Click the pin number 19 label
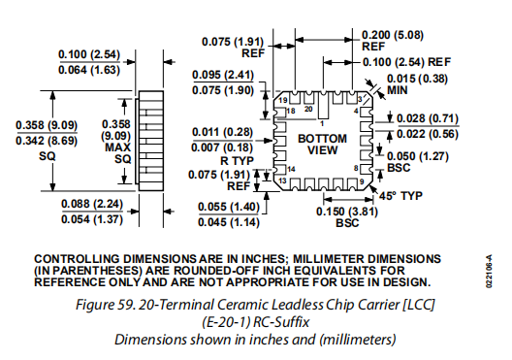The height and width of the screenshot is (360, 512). pyautogui.click(x=283, y=100)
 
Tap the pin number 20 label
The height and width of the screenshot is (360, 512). pyautogui.click(x=308, y=109)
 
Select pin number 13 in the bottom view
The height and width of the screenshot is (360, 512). pyautogui.click(x=283, y=180)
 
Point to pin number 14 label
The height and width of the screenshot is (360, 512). pyautogui.click(x=291, y=169)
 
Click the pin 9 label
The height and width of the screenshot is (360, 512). pyautogui.click(x=362, y=181)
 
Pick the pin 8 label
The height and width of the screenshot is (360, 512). pyautogui.click(x=356, y=169)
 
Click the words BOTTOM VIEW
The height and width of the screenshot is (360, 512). pyautogui.click(x=322, y=145)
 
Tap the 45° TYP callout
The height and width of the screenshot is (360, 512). pyautogui.click(x=400, y=196)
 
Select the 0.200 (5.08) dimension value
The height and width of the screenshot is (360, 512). pyautogui.click(x=393, y=35)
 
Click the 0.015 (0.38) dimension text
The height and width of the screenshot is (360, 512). pyautogui.click(x=417, y=79)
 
